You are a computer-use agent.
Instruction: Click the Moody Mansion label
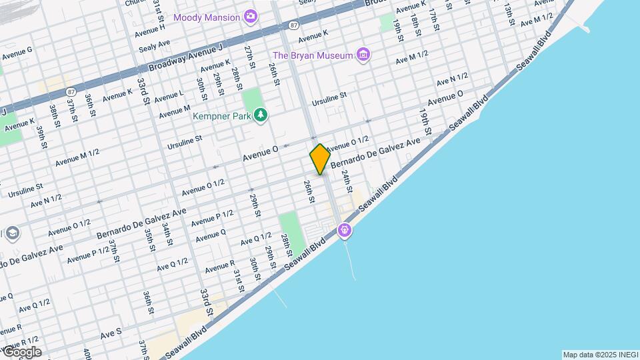pos(206,17)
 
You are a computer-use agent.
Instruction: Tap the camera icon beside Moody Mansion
pos(251,17)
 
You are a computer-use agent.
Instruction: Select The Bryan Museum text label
pos(312,55)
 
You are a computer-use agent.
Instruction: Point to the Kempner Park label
pos(222,116)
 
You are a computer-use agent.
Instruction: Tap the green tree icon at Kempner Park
pos(261,115)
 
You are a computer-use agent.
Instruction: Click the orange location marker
pos(320,159)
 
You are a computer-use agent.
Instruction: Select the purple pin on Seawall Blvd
pos(344,231)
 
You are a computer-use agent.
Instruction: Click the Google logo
pos(21,351)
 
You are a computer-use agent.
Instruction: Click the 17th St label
pos(433,20)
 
